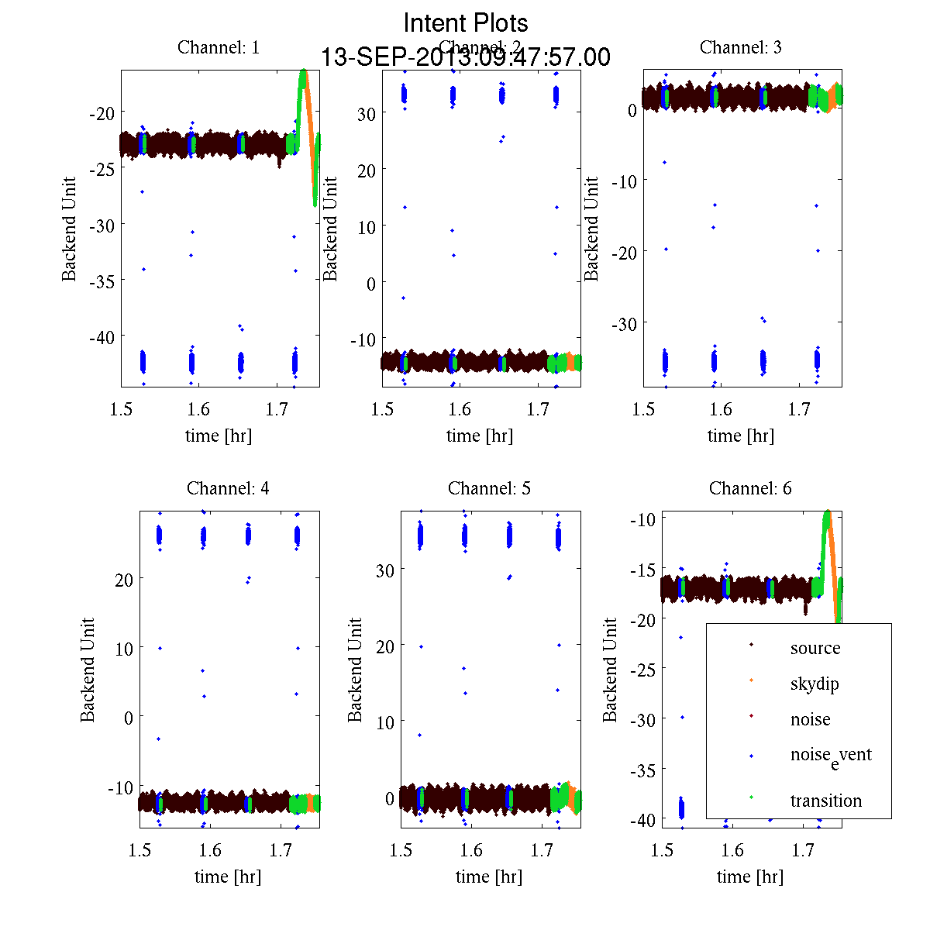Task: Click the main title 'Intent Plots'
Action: coord(466,22)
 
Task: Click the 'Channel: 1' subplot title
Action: coord(219,47)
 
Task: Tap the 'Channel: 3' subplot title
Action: coord(740,47)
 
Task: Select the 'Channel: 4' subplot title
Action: coord(228,488)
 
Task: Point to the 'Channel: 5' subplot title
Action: coord(489,488)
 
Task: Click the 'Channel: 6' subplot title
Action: coord(750,488)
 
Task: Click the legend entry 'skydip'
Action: coord(815,684)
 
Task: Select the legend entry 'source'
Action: coord(815,648)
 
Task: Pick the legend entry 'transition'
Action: coord(826,801)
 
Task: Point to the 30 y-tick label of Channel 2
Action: coord(366,113)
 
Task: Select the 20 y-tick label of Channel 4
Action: coord(123,579)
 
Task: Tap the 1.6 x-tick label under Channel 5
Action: coord(471,850)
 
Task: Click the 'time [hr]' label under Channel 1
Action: coord(219,436)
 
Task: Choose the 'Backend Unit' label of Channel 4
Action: coord(88,670)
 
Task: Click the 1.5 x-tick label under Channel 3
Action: coord(643,409)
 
